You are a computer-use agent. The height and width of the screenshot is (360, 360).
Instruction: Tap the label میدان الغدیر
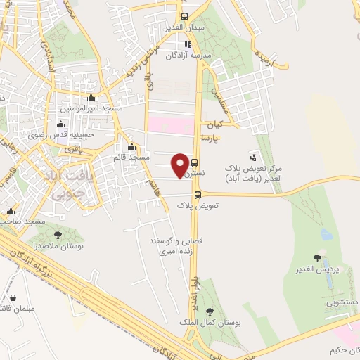click(x=185, y=27)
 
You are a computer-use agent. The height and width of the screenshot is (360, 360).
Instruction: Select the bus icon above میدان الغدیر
click(x=184, y=16)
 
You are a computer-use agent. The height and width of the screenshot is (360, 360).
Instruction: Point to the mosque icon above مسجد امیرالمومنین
click(x=91, y=98)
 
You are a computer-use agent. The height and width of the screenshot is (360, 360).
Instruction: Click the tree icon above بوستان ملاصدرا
click(x=58, y=236)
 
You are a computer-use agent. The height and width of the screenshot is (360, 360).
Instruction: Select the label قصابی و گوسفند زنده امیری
click(x=176, y=245)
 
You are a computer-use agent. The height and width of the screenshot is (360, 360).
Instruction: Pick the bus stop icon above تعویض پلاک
click(x=198, y=195)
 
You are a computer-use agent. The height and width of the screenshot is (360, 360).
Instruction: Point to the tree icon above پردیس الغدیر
click(x=319, y=259)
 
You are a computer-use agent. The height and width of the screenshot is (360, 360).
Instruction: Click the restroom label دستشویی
click(x=340, y=303)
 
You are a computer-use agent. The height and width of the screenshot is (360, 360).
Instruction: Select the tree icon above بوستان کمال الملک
click(x=210, y=311)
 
